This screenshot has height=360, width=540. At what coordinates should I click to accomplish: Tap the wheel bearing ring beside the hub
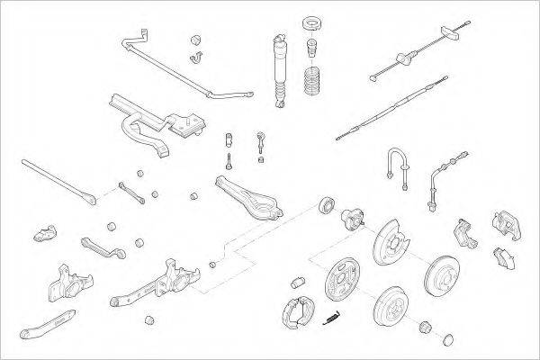tap(325, 206)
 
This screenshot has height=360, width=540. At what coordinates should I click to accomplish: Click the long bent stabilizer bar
tap(180, 67)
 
